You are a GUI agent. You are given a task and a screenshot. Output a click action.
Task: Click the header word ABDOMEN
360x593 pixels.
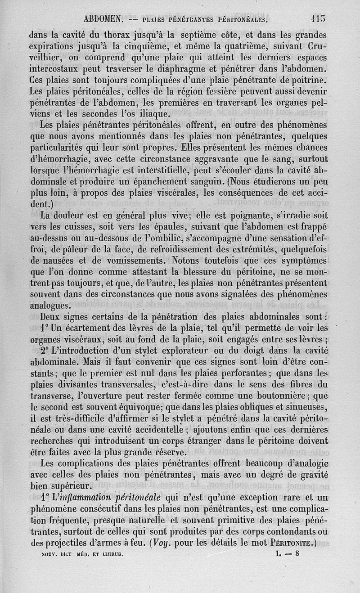103,19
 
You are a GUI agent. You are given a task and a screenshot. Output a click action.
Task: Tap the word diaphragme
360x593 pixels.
194,69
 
